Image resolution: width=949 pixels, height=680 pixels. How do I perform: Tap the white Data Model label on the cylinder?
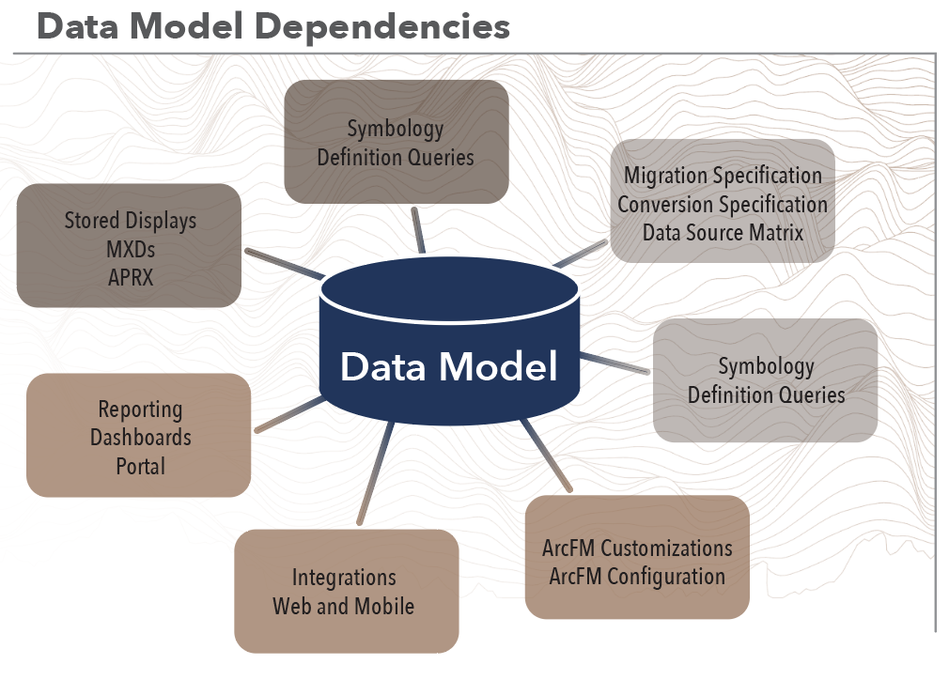point(448,366)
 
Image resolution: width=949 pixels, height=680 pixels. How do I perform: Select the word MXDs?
point(130,249)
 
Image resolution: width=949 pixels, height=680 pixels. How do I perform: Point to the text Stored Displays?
point(130,221)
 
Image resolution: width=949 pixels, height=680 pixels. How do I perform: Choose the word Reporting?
point(140,410)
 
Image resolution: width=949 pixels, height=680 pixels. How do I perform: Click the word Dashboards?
point(140,438)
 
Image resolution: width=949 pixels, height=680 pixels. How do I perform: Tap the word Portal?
point(140,466)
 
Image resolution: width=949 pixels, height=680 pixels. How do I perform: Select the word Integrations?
point(344,578)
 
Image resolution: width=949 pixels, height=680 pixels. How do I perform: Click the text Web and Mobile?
point(344,606)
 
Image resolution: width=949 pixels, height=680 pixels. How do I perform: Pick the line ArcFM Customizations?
point(637,548)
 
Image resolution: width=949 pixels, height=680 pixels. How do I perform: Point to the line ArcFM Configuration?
point(637,576)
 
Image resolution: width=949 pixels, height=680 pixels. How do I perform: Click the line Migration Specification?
point(723,176)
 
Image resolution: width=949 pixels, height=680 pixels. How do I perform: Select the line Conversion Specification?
point(723,204)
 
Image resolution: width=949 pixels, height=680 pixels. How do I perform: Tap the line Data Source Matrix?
point(723,232)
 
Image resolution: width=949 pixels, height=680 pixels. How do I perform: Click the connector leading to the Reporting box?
point(288,414)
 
